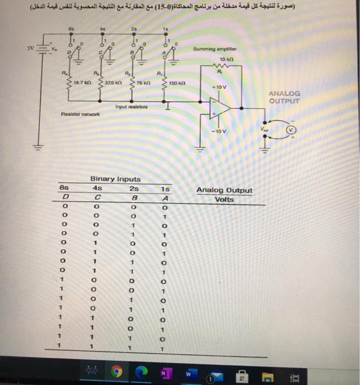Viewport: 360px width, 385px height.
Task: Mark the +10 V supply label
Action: pyautogui.click(x=220, y=87)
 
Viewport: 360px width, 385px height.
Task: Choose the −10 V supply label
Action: pyautogui.click(x=219, y=133)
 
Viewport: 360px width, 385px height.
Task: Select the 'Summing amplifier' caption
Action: pyautogui.click(x=214, y=49)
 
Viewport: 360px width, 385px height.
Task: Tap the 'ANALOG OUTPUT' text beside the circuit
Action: pyautogui.click(x=285, y=97)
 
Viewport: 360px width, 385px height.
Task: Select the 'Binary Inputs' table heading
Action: pyautogui.click(x=115, y=179)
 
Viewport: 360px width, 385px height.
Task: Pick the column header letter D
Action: pyautogui.click(x=65, y=197)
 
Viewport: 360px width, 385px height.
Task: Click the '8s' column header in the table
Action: pyautogui.click(x=65, y=188)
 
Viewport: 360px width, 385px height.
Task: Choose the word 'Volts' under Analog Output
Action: pyautogui.click(x=224, y=200)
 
